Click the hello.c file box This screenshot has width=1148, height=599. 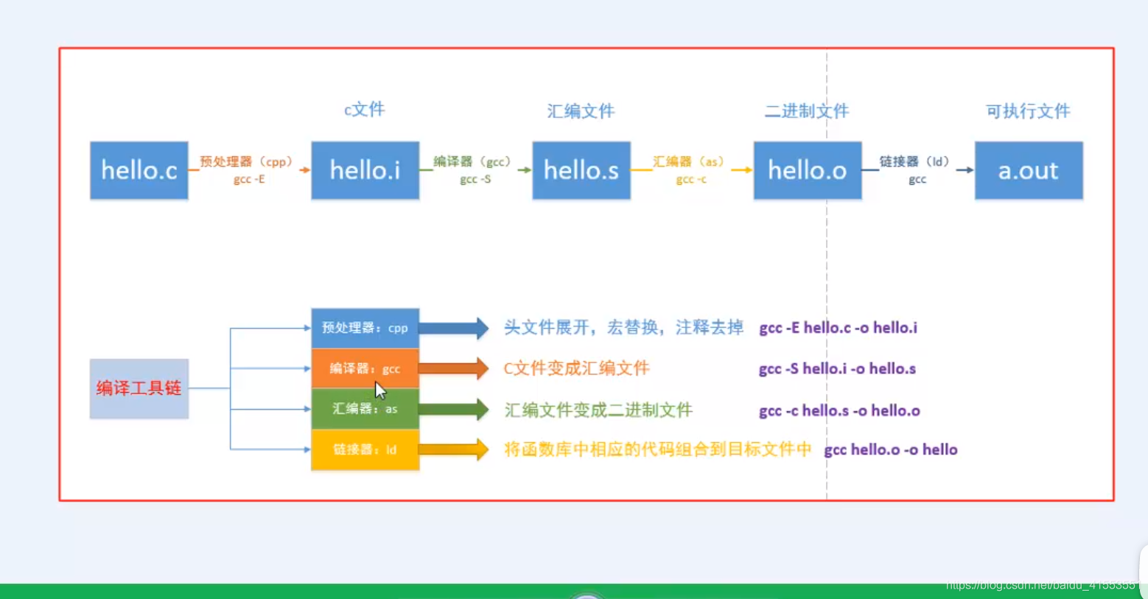(139, 170)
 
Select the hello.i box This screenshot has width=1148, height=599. (365, 170)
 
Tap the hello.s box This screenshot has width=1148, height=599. (581, 170)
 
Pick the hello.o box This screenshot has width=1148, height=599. (807, 170)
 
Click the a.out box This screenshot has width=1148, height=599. (1028, 170)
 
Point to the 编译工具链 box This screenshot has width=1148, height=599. (139, 388)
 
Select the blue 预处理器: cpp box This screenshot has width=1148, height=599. (365, 328)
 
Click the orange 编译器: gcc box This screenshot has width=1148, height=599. (365, 368)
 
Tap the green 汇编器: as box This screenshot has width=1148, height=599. (365, 409)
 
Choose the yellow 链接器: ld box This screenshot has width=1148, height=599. (365, 449)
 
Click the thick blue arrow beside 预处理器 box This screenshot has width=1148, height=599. (452, 328)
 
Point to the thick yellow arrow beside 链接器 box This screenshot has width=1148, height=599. (452, 449)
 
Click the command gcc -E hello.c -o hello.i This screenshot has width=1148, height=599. (838, 328)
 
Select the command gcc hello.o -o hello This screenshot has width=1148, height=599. (890, 449)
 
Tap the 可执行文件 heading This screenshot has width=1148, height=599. (1028, 111)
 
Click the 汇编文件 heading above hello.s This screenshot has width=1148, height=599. (581, 111)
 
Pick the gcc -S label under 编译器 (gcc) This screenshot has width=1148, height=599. (475, 179)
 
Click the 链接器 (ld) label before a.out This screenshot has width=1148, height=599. (914, 161)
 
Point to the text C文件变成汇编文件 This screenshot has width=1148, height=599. (576, 368)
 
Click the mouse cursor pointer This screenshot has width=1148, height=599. (379, 390)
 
